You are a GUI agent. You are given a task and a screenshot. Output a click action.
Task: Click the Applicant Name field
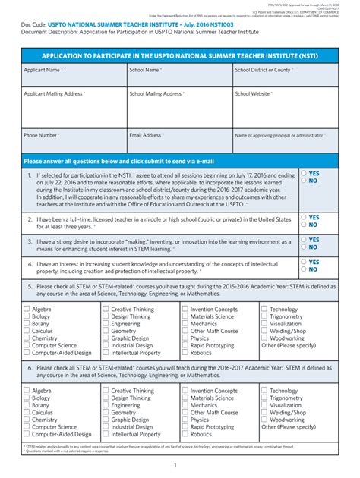click(x=74, y=75)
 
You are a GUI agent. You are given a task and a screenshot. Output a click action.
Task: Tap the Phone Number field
click(x=74, y=142)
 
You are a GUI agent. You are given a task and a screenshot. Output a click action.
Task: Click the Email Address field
click(x=179, y=142)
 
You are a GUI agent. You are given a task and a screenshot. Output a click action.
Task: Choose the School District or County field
click(x=284, y=75)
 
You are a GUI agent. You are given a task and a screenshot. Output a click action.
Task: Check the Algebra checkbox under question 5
click(x=27, y=310)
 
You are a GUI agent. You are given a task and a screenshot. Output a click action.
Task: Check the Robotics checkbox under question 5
click(x=185, y=353)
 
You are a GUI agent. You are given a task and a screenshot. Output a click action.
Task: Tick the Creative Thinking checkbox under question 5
click(x=106, y=310)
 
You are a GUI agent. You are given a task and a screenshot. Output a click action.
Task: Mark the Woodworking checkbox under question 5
click(x=264, y=338)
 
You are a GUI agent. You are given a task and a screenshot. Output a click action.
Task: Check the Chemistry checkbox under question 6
click(x=27, y=420)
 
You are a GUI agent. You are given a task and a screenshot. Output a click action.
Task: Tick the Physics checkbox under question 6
click(x=185, y=420)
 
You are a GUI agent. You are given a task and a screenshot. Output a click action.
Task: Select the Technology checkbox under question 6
click(x=264, y=392)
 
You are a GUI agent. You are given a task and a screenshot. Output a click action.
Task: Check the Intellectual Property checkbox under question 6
click(x=106, y=435)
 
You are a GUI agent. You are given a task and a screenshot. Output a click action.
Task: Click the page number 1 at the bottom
click(x=175, y=465)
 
